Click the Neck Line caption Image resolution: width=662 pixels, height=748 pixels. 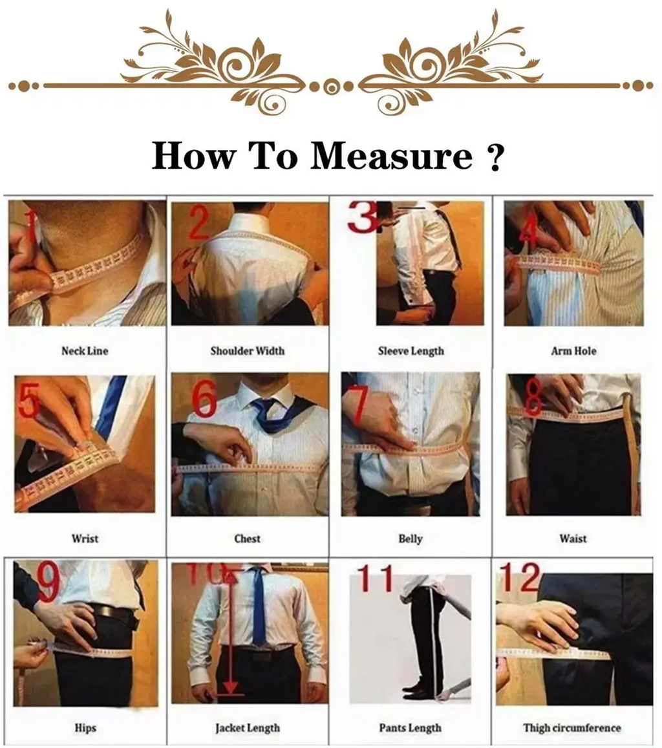[x=85, y=351]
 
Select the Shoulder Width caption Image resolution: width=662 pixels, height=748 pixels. [x=247, y=351]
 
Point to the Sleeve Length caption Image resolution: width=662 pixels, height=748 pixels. [x=411, y=351]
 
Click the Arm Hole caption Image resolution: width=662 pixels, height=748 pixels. [x=573, y=351]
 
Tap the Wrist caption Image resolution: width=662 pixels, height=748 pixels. [x=85, y=538]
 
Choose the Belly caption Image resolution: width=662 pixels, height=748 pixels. [x=411, y=538]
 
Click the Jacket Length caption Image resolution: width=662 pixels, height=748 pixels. [x=247, y=728]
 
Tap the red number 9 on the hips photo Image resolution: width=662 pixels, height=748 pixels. [x=48, y=581]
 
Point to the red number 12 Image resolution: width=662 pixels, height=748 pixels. [x=520, y=577]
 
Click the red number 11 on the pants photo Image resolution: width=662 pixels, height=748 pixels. [x=376, y=579]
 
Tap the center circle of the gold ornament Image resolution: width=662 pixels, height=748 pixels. [x=331, y=86]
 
